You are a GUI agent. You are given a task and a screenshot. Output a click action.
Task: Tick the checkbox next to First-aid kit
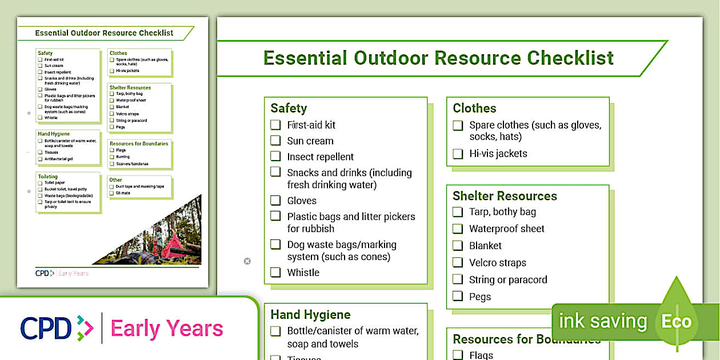(x=275, y=125)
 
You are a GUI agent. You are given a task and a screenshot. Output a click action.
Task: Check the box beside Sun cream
(x=275, y=141)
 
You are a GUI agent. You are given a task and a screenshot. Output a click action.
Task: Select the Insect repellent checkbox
(x=275, y=156)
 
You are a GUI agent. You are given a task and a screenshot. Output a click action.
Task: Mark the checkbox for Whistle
(x=275, y=272)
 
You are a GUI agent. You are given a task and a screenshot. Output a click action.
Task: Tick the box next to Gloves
(x=275, y=201)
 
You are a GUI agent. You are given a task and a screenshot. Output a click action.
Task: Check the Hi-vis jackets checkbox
(x=458, y=154)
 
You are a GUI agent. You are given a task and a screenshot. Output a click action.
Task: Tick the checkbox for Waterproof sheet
(x=458, y=229)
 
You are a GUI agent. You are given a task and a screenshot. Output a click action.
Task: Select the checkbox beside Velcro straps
(x=458, y=262)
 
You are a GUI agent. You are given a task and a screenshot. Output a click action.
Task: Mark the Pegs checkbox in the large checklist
(x=458, y=296)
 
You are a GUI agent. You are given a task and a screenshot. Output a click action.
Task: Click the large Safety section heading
(x=289, y=109)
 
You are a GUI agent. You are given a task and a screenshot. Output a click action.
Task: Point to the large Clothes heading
(x=474, y=109)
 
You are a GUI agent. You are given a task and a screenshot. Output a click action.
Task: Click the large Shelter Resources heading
(x=505, y=196)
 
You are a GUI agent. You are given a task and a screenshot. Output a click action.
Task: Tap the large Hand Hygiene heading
(x=310, y=315)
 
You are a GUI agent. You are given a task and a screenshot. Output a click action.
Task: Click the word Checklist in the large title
(x=570, y=58)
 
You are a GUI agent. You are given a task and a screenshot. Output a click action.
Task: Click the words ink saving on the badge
(x=602, y=321)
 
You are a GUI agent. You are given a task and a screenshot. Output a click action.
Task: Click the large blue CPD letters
(x=46, y=329)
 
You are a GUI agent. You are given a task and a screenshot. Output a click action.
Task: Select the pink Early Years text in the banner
(x=167, y=329)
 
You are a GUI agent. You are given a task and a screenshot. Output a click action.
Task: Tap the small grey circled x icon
(x=247, y=261)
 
